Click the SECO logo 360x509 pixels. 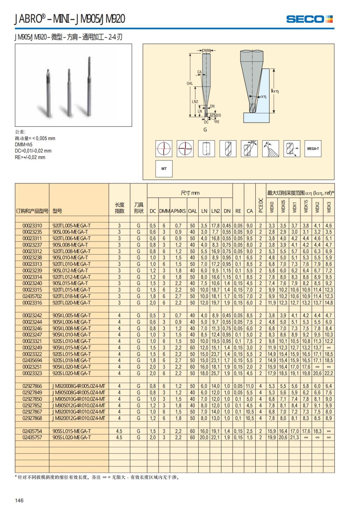click(x=309, y=19)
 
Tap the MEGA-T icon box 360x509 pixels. click(x=313, y=148)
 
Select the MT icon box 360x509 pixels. click(x=164, y=169)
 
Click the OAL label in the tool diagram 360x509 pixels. click(x=190, y=83)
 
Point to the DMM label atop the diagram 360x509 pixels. click(x=206, y=50)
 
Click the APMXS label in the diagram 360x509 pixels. click(x=215, y=115)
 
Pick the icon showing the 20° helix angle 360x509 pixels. click(x=249, y=148)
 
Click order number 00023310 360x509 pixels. click(x=32, y=226)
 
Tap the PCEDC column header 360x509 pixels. click(x=261, y=205)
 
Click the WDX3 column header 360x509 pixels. click(x=329, y=207)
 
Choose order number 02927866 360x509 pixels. click(x=32, y=386)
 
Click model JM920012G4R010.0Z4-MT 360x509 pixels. click(x=79, y=418)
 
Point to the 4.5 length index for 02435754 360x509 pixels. click(x=119, y=431)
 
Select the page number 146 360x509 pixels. click(x=19, y=500)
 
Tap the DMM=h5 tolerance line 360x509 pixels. click(x=24, y=145)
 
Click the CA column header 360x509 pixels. click(x=250, y=211)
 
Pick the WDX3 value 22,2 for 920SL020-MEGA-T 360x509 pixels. click(x=329, y=373)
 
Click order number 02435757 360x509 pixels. click(x=32, y=438)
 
